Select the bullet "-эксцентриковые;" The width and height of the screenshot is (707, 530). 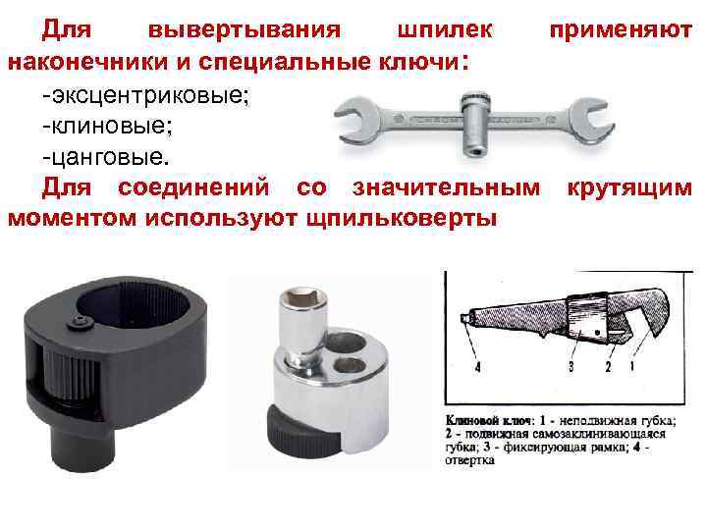[x=152, y=94]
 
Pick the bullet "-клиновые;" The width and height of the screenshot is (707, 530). [x=105, y=126]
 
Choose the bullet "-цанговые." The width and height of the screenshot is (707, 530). [x=106, y=157]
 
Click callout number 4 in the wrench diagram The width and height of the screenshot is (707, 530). [x=478, y=367]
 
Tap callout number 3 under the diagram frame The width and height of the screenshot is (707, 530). [x=569, y=367]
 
